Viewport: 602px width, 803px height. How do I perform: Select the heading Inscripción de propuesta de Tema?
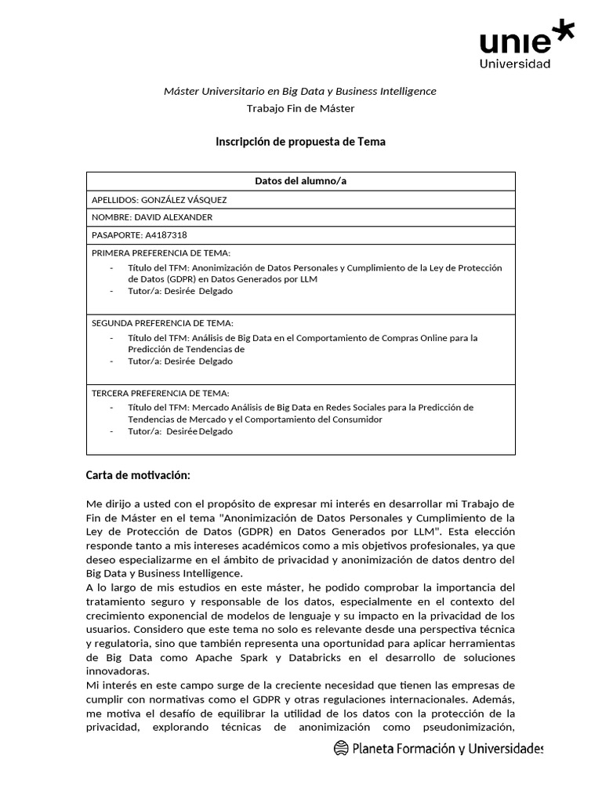[x=300, y=142]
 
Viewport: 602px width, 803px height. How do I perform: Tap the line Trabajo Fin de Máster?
[x=300, y=108]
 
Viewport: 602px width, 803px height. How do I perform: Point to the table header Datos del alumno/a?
[x=300, y=181]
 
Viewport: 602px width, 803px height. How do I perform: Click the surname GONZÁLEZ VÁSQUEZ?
[x=183, y=199]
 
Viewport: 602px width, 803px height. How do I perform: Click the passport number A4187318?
[x=164, y=234]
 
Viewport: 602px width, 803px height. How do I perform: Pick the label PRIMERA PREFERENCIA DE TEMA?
[x=161, y=253]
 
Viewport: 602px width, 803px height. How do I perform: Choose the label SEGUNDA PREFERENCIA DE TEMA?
[x=162, y=323]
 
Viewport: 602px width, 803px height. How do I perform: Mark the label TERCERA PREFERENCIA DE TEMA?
[x=161, y=393]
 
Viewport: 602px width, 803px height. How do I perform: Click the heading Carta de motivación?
[x=137, y=475]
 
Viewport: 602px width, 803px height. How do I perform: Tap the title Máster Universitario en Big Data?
[x=300, y=91]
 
